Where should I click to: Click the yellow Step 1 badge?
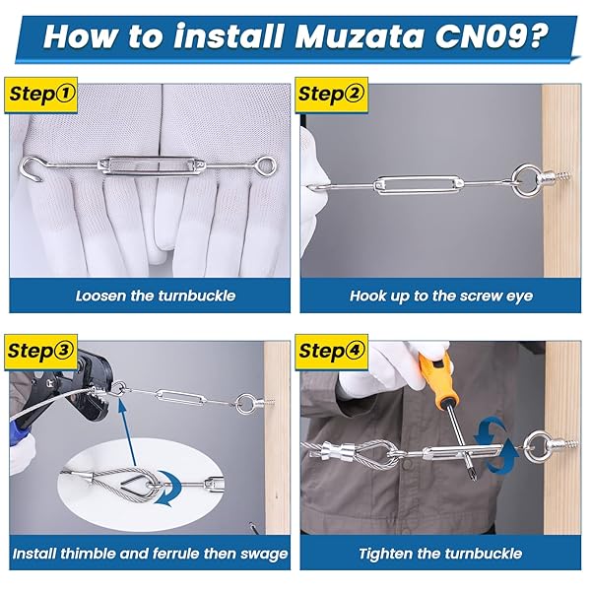point(41,95)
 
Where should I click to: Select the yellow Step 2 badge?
point(331,95)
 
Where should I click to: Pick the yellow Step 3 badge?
point(41,352)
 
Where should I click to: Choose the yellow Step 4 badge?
point(331,352)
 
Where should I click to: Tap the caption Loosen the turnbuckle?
point(156,295)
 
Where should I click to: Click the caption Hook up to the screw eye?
point(441,295)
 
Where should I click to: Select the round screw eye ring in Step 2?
point(526,180)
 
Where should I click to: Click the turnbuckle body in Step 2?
point(418,185)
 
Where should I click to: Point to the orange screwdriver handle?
point(436,379)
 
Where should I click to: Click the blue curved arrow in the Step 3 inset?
point(167,488)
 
